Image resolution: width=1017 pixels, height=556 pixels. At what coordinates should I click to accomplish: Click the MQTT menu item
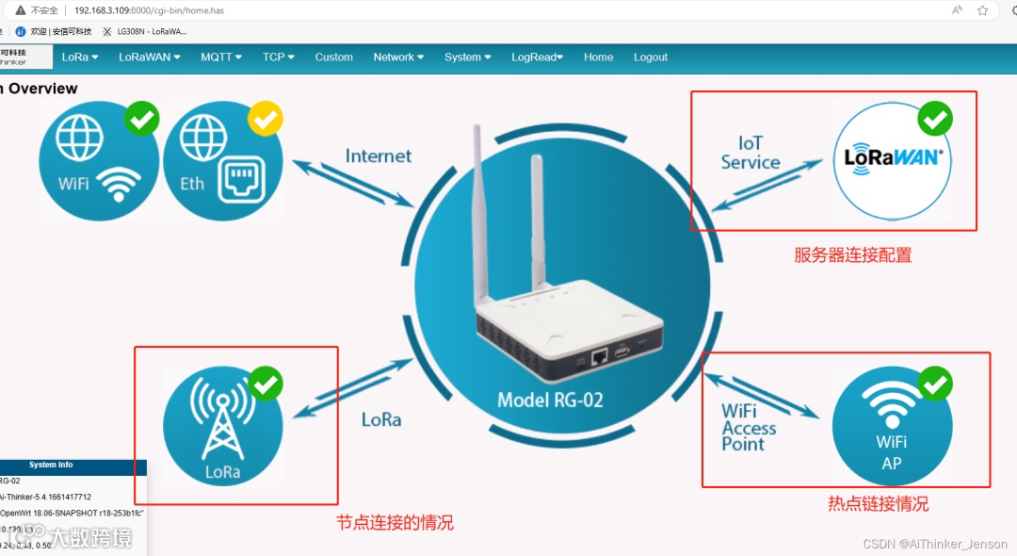pos(221,57)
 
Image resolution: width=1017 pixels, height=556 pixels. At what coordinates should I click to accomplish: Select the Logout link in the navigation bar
pos(651,57)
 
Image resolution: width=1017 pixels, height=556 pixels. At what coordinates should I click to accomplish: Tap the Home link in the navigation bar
pos(598,57)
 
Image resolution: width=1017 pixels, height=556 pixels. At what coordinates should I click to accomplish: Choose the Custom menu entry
pos(333,57)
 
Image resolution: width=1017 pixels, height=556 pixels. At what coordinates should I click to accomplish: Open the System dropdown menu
pos(468,57)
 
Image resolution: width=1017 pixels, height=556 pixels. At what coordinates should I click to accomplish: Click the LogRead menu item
pos(537,57)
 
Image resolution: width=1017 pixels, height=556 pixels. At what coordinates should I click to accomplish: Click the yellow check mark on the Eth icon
pos(265,119)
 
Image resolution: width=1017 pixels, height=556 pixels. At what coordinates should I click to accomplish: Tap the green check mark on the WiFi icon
pos(141,119)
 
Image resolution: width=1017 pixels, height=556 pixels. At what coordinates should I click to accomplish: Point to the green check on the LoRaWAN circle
pos(934,119)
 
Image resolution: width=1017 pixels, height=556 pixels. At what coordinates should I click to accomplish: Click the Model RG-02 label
pos(550,400)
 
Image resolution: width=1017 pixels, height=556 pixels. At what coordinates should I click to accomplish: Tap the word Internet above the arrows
pos(379,156)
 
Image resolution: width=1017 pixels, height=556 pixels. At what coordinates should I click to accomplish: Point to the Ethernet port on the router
pos(599,356)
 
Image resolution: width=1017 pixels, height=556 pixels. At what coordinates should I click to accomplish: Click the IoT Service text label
pos(751,153)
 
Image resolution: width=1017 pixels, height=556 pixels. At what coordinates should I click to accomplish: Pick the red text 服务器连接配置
pos(852,255)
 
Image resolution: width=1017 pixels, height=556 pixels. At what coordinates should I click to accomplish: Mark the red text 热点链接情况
pos(878,504)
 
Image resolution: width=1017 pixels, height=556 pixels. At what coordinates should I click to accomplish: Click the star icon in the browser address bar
pos(982,10)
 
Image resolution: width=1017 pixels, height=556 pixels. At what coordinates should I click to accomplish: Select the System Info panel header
pos(51,466)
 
